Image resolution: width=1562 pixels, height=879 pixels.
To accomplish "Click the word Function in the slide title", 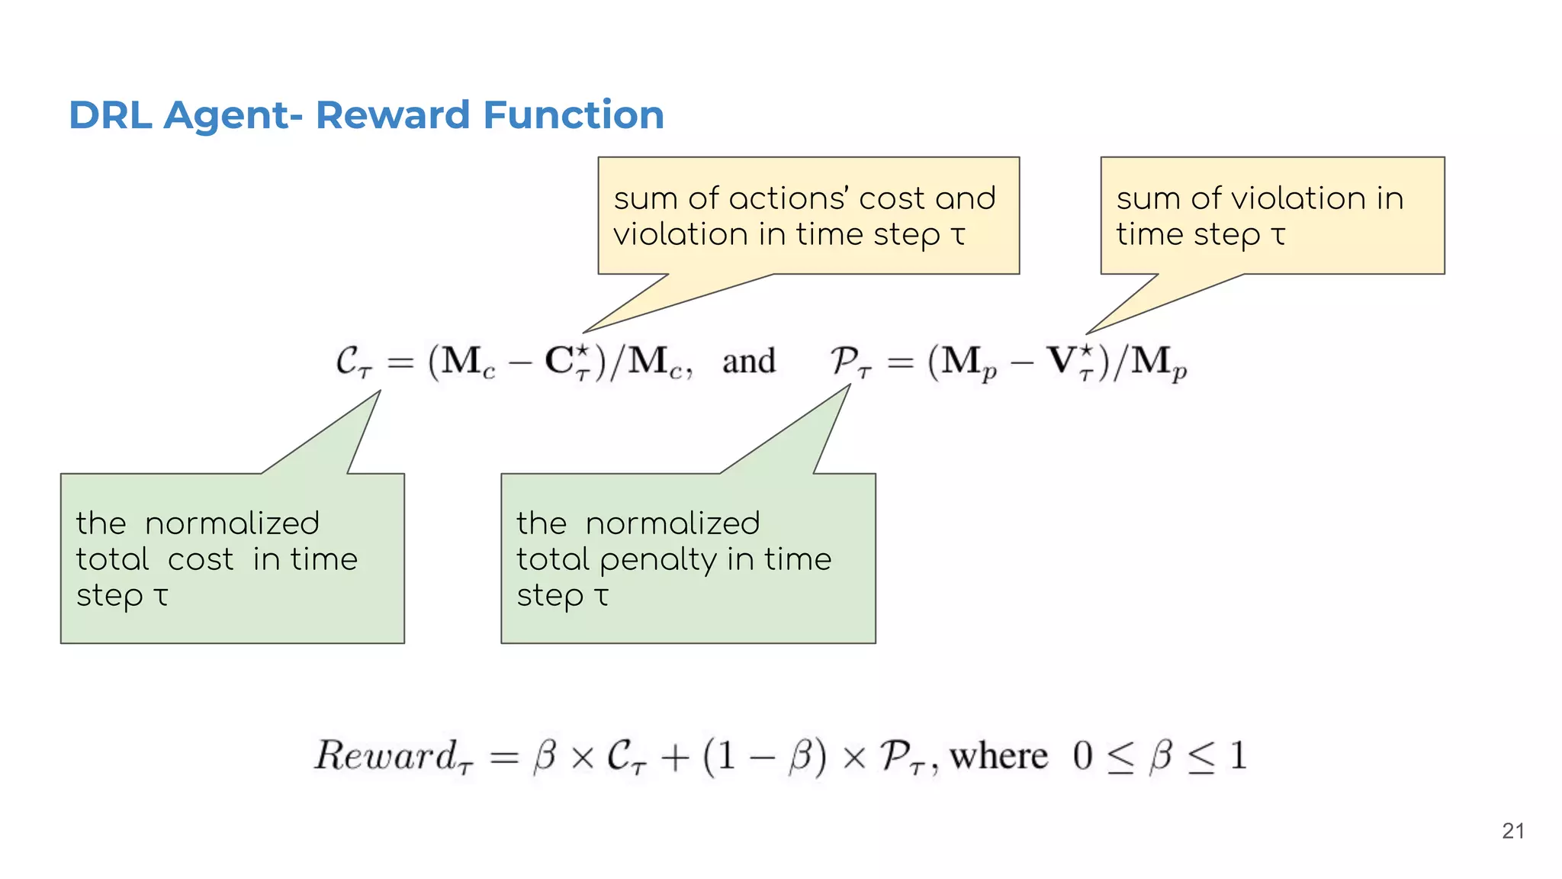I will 574,115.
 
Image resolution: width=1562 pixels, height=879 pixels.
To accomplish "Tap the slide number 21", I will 1512,831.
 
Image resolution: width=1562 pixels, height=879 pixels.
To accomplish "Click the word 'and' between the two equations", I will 748,361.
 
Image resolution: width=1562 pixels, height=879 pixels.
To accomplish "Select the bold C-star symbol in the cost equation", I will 567,361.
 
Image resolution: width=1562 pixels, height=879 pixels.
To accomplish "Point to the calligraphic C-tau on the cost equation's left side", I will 353,362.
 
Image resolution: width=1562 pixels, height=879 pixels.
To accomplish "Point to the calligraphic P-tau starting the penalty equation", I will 850,362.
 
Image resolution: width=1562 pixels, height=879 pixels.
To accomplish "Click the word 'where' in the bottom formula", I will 998,757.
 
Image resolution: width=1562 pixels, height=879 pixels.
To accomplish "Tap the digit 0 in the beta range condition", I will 1082,756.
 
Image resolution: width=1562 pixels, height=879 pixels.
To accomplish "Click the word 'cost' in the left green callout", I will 201,560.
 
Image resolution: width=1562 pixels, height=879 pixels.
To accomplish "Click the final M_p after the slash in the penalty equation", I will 1158,362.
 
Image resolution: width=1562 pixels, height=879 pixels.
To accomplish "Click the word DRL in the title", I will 110,115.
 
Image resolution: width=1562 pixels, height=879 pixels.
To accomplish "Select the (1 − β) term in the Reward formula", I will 764,757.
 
